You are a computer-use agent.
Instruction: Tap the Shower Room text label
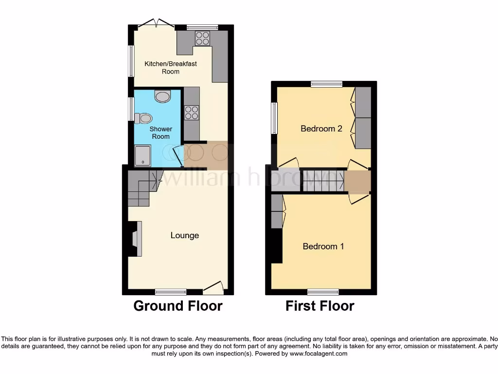point(160,132)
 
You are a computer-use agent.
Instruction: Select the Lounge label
point(184,236)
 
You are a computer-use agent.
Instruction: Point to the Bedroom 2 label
point(321,129)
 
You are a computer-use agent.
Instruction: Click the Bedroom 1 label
point(323,246)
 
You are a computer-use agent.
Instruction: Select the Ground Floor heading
point(178,306)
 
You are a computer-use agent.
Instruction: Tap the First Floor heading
point(320,306)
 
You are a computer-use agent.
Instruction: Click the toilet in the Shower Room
point(143,118)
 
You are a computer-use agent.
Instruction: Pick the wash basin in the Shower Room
point(162,96)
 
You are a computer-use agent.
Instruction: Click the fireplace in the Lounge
point(136,238)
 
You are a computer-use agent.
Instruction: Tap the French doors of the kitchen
point(156,23)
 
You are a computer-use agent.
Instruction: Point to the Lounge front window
point(171,292)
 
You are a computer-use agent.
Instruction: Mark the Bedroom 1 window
point(323,292)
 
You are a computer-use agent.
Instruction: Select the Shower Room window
point(131,109)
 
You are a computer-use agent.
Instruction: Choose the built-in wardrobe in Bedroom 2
point(363,118)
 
